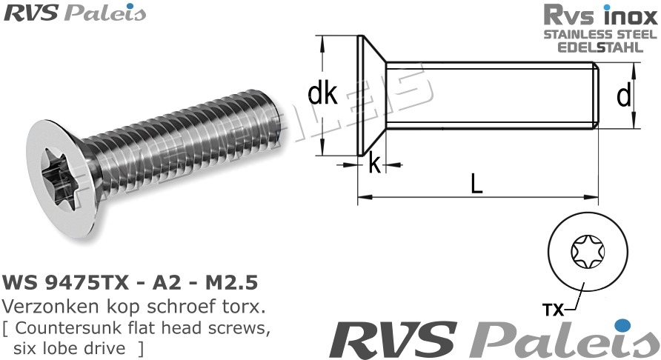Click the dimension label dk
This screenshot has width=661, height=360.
322,94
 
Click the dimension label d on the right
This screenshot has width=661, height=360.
624,96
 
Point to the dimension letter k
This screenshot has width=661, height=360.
375,164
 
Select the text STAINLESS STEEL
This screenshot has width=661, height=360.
599,34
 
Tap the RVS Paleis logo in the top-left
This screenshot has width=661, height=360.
75,13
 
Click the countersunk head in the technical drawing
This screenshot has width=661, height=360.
371,96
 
